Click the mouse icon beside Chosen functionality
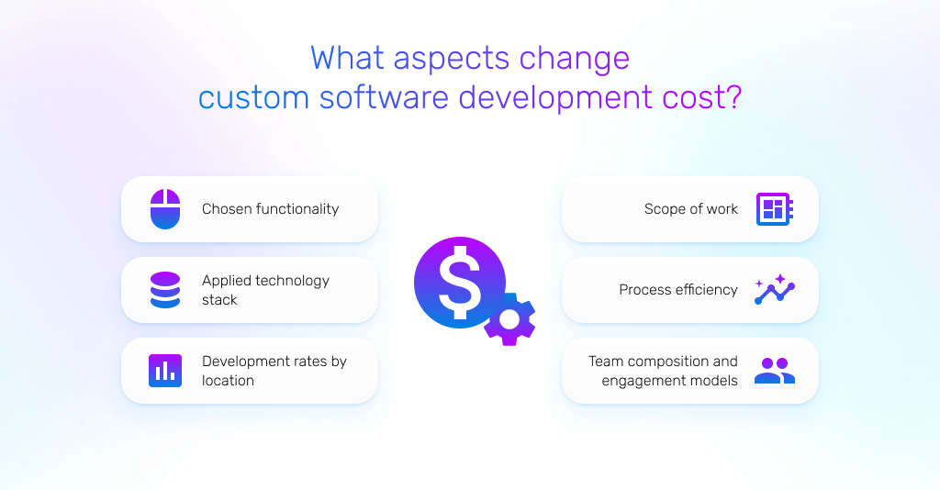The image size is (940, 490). (x=165, y=209)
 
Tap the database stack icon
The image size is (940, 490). (x=165, y=290)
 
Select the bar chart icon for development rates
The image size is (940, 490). (x=165, y=371)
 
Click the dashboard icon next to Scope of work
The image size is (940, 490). (x=774, y=209)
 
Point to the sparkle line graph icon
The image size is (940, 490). (x=774, y=289)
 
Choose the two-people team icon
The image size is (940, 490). (x=774, y=371)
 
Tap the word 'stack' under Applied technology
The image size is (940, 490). (x=219, y=300)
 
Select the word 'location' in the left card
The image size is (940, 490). (x=228, y=381)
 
